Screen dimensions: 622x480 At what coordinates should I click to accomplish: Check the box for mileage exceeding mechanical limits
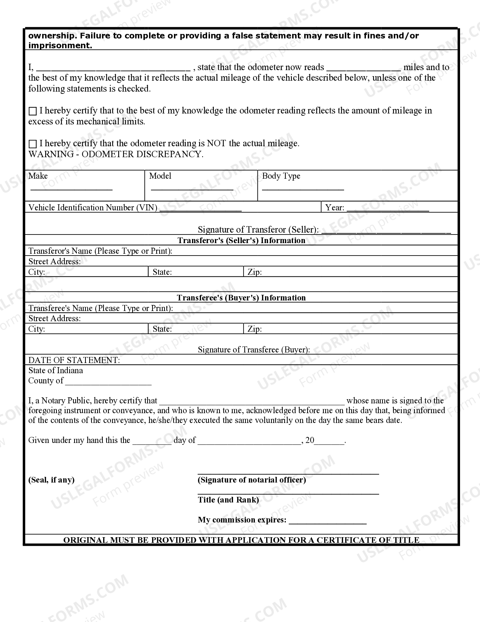click(x=33, y=111)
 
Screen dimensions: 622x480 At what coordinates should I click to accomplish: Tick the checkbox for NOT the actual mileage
click(x=33, y=144)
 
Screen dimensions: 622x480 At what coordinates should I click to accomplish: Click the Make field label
click(x=38, y=176)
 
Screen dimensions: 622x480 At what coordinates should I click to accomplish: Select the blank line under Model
click(x=192, y=189)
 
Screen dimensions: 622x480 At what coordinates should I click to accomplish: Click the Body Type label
click(x=281, y=176)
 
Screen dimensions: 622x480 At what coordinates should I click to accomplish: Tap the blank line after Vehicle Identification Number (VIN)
click(x=200, y=210)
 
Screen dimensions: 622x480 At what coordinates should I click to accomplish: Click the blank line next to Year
click(x=387, y=210)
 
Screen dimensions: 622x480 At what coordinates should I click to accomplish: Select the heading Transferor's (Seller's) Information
click(x=241, y=241)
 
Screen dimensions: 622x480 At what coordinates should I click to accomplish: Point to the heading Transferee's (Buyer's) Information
click(x=241, y=298)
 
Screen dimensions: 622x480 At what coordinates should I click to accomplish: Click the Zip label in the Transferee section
click(x=254, y=329)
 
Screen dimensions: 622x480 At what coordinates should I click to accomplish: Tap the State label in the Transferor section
click(x=162, y=272)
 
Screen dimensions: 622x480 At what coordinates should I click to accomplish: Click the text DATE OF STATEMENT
click(x=74, y=360)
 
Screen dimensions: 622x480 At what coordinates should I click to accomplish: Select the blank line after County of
click(x=108, y=384)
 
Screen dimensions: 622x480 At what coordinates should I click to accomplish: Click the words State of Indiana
click(x=56, y=371)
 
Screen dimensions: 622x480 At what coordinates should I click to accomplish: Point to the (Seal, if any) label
click(x=52, y=480)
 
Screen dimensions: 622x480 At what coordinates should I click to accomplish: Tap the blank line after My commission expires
click(x=328, y=523)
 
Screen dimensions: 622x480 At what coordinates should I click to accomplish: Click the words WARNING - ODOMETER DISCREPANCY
click(x=116, y=154)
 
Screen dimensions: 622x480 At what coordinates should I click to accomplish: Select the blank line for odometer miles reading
click(x=364, y=70)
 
